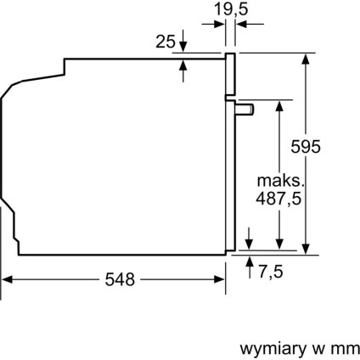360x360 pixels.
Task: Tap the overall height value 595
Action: (x=304, y=147)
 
